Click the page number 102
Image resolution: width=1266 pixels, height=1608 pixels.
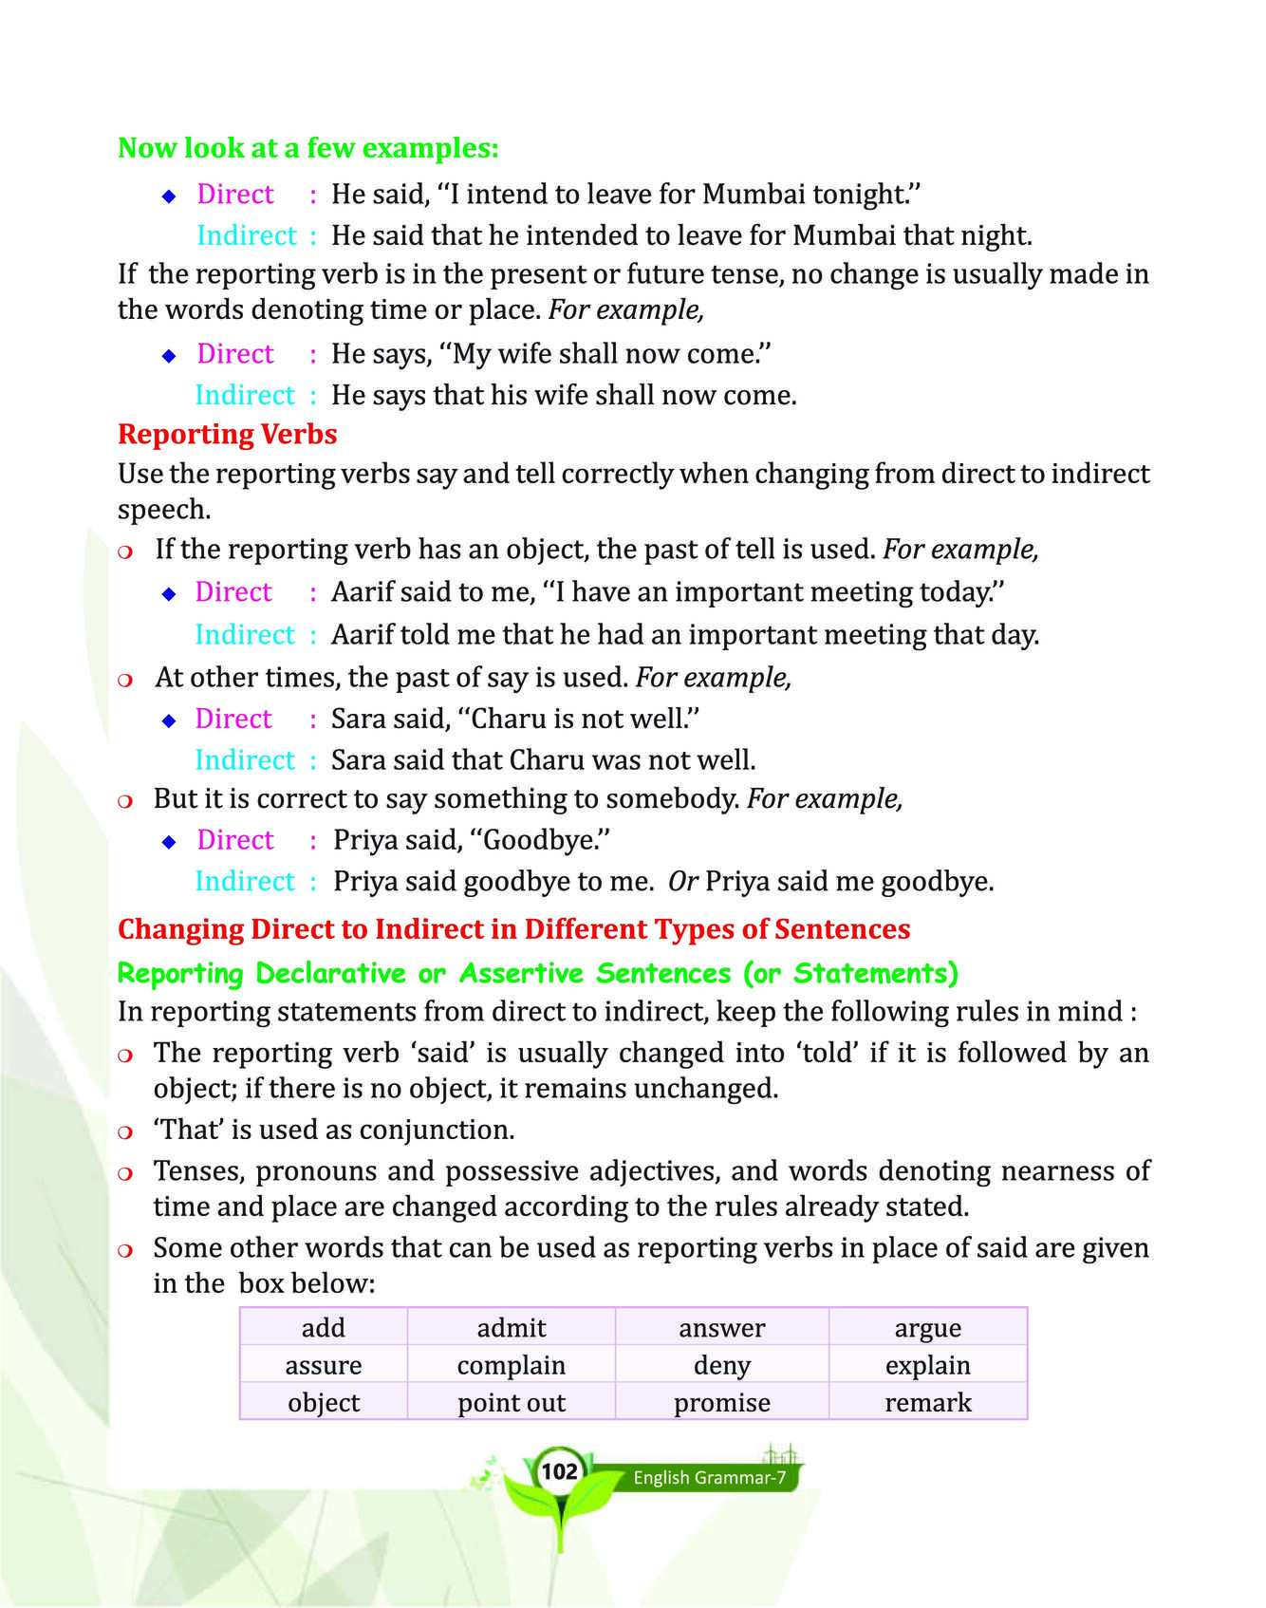click(559, 1470)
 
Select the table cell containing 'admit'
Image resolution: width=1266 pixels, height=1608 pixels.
click(512, 1328)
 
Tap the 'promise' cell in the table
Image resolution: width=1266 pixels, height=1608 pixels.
click(722, 1403)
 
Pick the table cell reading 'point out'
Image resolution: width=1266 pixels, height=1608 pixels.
click(512, 1403)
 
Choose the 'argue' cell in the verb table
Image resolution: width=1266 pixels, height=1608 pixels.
click(928, 1328)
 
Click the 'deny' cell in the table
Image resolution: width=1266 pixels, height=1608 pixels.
click(722, 1365)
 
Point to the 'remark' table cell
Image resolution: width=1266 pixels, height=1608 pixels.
click(928, 1403)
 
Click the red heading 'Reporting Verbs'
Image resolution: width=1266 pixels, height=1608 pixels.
click(227, 434)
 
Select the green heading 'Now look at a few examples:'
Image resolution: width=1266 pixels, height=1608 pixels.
click(307, 148)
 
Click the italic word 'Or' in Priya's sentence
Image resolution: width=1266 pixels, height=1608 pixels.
click(683, 882)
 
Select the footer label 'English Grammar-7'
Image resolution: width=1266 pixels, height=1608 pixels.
click(709, 1478)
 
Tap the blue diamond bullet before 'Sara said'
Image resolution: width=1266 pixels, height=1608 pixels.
click(169, 720)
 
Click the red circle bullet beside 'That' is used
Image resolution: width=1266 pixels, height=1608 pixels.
click(125, 1131)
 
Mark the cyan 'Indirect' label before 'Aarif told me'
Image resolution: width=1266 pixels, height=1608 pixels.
click(245, 634)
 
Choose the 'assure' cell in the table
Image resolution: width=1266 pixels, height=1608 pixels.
click(324, 1365)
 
